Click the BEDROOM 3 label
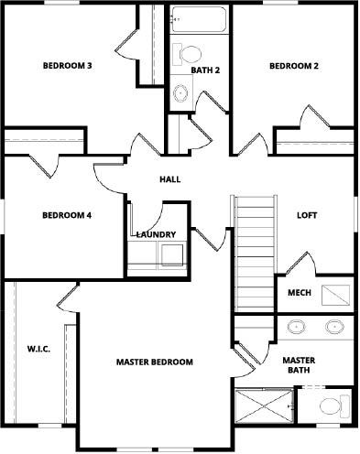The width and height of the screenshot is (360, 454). point(68,66)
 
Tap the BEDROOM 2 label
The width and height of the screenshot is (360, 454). point(294,66)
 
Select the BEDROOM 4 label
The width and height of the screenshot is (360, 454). point(67,215)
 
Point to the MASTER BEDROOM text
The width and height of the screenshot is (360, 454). point(155,362)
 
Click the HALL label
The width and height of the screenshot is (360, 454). point(170,179)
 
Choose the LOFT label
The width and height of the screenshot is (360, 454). point(307,215)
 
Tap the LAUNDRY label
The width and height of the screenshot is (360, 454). point(156,234)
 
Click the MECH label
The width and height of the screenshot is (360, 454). point(300,293)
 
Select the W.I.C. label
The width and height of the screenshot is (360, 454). point(38,349)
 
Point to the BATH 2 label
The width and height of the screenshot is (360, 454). point(205,70)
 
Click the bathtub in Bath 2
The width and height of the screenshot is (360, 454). point(199,19)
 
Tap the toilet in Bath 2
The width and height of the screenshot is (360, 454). point(187,54)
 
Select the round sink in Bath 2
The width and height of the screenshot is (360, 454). point(180,92)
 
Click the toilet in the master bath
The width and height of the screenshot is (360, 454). point(334,405)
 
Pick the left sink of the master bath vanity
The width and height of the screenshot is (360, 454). point(296,327)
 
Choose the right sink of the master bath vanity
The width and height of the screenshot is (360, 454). point(334,327)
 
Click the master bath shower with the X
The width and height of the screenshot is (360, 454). point(264,405)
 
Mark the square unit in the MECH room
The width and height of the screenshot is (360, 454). point(335,295)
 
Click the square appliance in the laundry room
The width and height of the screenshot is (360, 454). point(172,254)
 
